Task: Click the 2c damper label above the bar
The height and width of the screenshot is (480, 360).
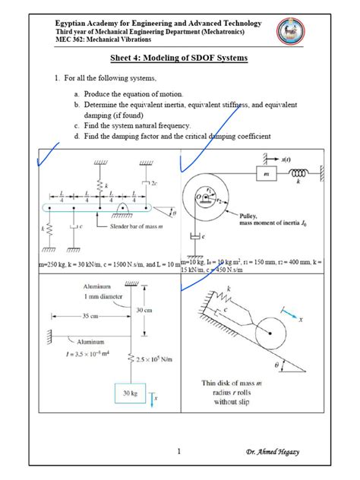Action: click(x=155, y=183)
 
